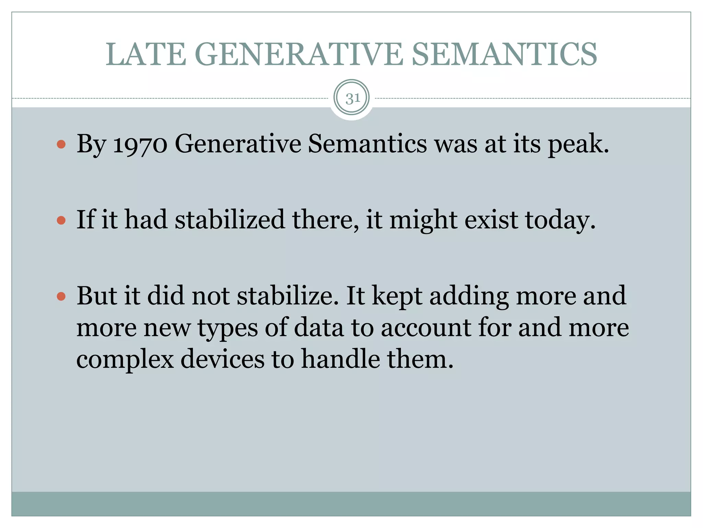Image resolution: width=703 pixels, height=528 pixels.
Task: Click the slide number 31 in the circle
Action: click(353, 99)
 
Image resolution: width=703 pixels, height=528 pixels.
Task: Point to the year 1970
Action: click(140, 144)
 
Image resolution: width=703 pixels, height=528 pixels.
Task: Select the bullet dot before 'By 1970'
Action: click(61, 144)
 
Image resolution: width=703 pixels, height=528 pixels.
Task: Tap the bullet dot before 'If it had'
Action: click(61, 220)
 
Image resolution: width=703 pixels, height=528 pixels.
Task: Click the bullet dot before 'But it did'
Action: click(61, 296)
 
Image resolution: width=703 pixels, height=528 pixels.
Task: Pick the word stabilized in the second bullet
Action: click(230, 220)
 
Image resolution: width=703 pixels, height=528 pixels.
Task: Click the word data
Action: click(319, 328)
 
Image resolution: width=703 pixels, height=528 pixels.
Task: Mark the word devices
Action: click(222, 359)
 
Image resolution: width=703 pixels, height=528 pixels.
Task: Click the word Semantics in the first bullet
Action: click(367, 144)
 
